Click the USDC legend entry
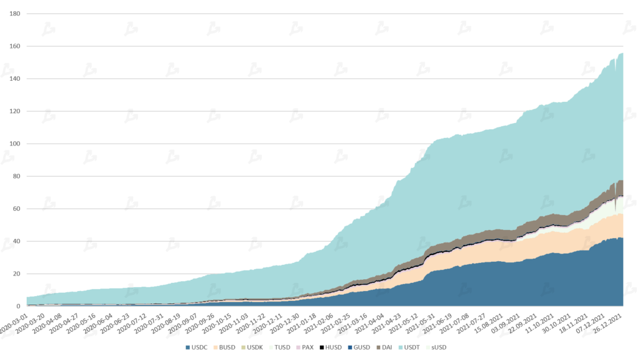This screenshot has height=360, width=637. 197,347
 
